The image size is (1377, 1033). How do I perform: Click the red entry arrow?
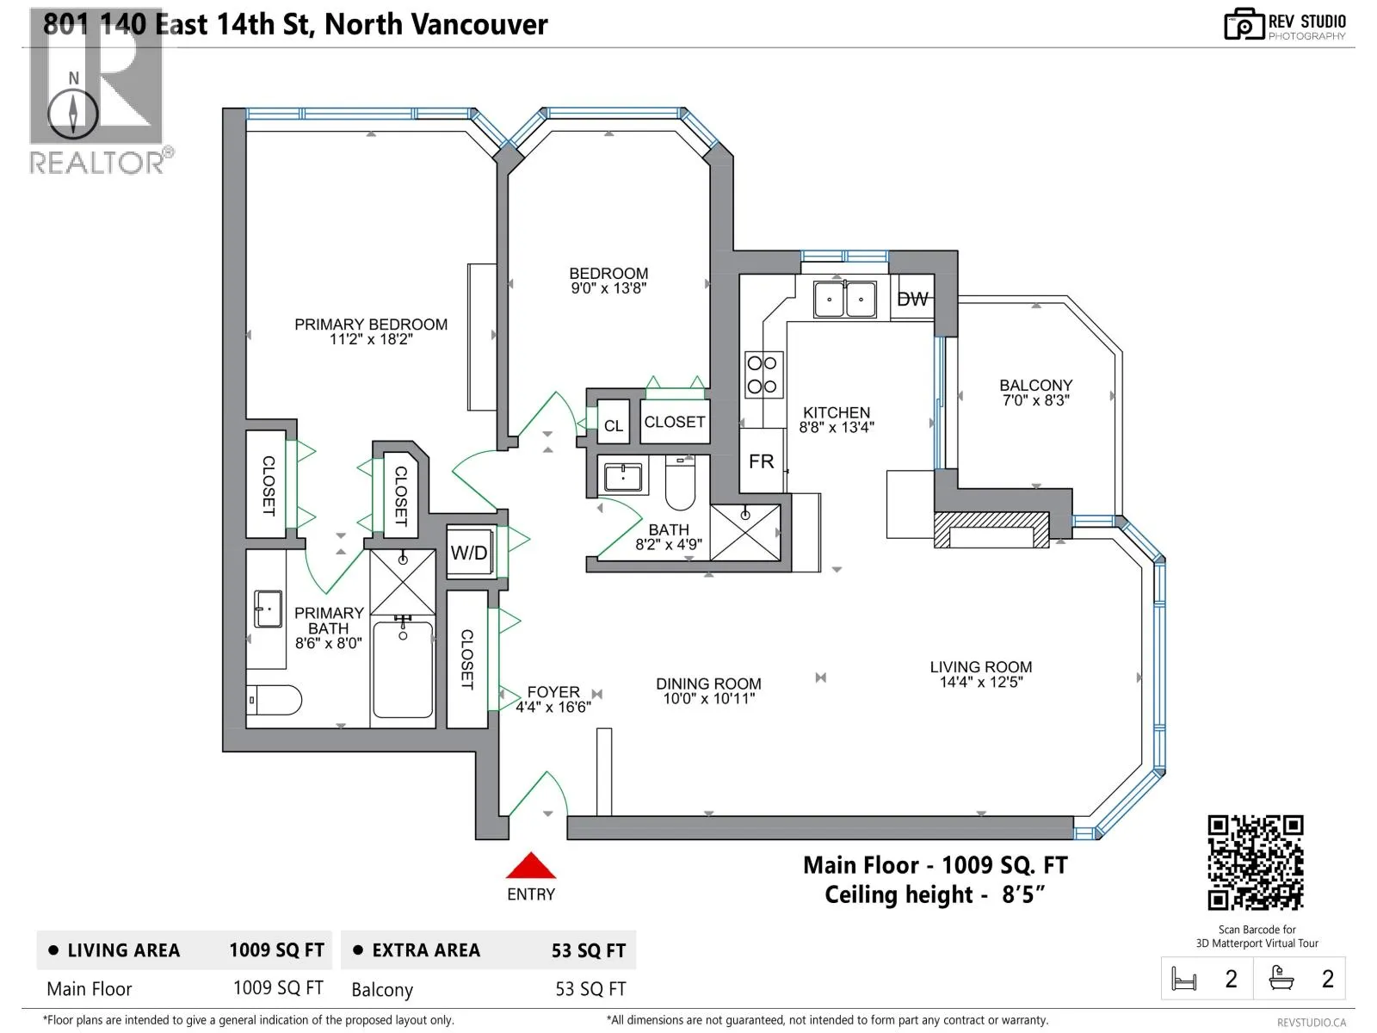coord(531,865)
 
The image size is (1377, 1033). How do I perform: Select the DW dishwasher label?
coord(912,300)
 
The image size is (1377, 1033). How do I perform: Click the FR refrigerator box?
coord(762,461)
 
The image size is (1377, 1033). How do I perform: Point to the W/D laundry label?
coord(469,553)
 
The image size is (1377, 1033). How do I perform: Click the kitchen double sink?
coord(845,300)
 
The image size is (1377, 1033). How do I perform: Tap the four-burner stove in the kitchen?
coord(763,375)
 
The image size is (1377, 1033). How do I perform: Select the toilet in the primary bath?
coord(275,700)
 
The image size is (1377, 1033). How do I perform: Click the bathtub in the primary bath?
coord(403,669)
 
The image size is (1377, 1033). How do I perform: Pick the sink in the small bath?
coord(623,478)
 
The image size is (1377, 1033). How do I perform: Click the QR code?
coord(1256,863)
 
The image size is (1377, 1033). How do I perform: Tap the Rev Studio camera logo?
coord(1244,24)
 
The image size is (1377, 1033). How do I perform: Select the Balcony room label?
coord(1035,385)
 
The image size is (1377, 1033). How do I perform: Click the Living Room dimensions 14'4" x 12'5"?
coord(981,682)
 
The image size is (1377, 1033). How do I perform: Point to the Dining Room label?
coord(709,684)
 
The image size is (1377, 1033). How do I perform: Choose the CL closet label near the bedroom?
coord(614,426)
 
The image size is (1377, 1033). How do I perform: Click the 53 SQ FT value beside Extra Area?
coord(589,951)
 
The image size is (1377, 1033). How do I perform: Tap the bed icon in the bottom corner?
coord(1183,979)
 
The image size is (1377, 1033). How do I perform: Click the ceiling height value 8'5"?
coord(1023,894)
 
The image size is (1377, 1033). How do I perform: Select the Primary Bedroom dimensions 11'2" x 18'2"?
coord(372,339)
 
